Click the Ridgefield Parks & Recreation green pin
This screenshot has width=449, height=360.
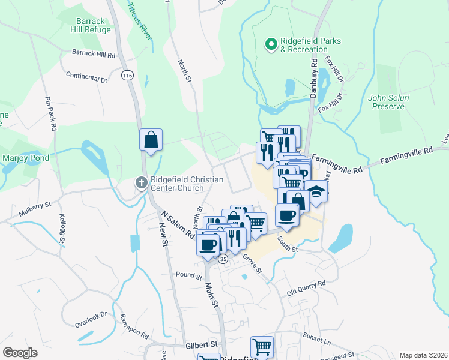(x=271, y=44)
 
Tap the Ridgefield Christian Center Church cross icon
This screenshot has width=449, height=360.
(x=141, y=182)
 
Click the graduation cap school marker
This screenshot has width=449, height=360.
(x=316, y=191)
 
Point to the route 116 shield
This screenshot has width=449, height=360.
(x=127, y=76)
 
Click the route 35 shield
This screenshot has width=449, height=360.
(x=223, y=259)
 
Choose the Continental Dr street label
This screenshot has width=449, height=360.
(x=86, y=78)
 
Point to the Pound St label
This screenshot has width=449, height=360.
(x=189, y=275)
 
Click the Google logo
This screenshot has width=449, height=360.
(x=20, y=353)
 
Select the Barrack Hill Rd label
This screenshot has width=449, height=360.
(x=94, y=54)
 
